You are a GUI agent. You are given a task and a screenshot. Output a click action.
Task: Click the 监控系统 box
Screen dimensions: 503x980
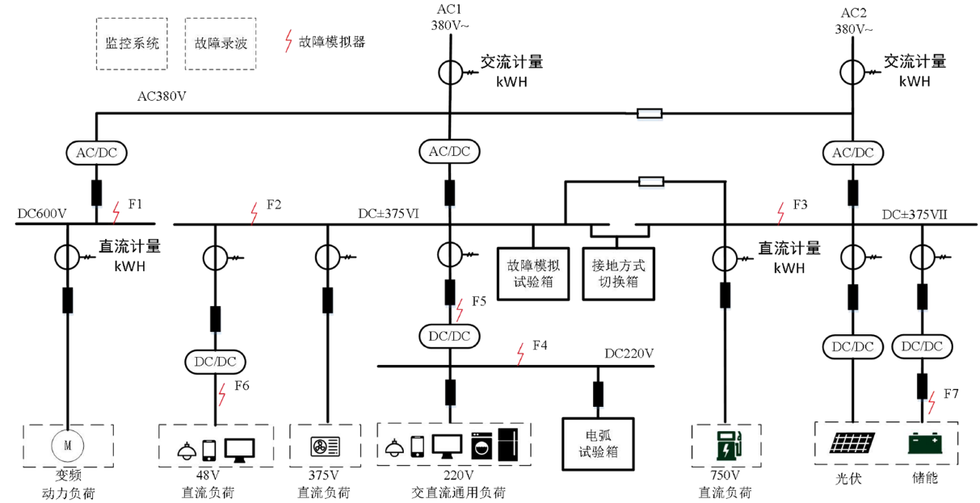[132, 44]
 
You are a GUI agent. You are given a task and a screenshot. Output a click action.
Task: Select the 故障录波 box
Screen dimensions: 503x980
[221, 44]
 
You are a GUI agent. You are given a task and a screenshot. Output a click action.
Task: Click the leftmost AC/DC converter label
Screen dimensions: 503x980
[96, 153]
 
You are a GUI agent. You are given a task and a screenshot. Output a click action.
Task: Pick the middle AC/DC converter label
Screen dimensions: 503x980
[449, 151]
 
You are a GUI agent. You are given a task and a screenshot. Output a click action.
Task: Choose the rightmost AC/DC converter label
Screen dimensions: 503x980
[853, 153]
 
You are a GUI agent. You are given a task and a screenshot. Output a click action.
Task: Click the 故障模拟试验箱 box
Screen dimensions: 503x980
[533, 273]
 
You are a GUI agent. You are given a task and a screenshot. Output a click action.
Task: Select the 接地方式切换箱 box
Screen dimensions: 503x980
[618, 273]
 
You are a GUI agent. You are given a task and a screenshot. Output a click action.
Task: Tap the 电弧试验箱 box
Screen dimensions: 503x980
[598, 443]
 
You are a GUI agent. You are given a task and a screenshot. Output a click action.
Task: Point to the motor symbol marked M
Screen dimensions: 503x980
[68, 445]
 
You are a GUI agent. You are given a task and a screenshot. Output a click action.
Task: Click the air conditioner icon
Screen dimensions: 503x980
[326, 446]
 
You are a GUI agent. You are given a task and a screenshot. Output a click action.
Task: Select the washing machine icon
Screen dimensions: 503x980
[481, 446]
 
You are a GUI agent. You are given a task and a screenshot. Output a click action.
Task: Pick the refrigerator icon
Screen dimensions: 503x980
[509, 445]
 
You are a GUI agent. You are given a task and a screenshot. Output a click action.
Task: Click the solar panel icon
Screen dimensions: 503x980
[853, 443]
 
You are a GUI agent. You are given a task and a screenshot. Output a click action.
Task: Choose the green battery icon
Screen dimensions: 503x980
[925, 443]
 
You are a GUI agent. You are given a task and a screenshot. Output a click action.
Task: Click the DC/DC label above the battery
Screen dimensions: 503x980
[922, 346]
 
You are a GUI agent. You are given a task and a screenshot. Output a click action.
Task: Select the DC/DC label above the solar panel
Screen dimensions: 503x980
[853, 347]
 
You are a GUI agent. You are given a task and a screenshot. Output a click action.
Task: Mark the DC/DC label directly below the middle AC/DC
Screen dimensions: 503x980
[449, 336]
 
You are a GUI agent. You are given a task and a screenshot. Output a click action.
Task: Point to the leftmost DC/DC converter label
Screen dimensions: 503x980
[215, 362]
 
